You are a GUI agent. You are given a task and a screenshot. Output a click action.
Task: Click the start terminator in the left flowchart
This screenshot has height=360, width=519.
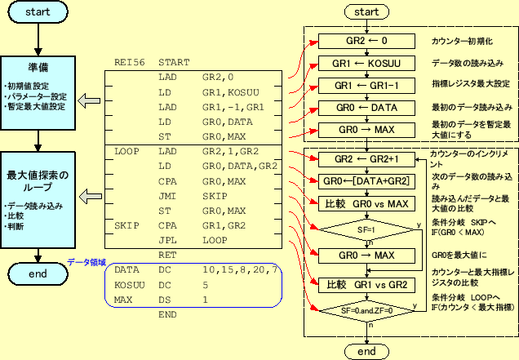coord(38,13)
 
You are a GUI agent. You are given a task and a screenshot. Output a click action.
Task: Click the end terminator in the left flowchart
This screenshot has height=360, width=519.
coord(38,274)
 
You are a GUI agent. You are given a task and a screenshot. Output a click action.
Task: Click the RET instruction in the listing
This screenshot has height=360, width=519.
coord(167,255)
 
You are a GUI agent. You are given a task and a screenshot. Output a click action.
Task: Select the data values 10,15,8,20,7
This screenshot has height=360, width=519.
coord(241,269)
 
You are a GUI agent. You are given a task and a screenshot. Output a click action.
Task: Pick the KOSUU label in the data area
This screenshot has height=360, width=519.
coord(131,285)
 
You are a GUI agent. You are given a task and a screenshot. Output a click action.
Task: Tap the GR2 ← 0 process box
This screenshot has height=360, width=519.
coord(366,41)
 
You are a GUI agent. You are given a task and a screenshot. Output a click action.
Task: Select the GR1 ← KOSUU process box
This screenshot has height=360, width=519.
coord(366,63)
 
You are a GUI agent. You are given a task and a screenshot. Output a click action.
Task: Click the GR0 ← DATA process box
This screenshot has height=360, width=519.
coord(366,107)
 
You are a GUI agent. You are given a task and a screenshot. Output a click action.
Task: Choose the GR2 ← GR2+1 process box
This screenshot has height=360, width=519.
coord(366,158)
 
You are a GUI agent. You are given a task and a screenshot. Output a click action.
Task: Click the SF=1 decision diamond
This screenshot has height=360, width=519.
coord(366,231)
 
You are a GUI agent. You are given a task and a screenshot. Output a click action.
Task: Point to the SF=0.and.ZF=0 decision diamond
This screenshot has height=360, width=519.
coord(366,311)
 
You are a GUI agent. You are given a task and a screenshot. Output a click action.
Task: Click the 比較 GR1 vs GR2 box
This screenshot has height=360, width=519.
coord(366,285)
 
